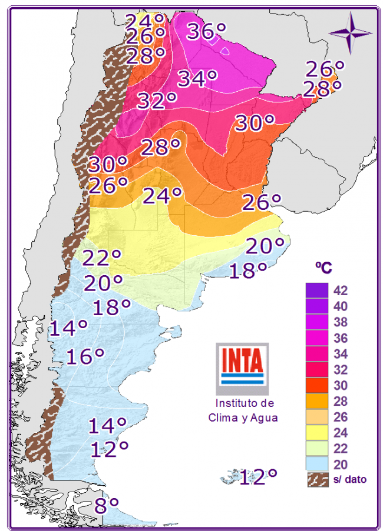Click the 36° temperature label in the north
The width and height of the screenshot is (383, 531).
coord(206,31)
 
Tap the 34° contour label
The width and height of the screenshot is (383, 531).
coord(197,78)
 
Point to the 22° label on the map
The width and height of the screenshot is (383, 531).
coord(101,258)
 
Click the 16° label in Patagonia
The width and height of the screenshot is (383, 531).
coord(85,356)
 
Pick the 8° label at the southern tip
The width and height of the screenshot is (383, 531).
coord(107,505)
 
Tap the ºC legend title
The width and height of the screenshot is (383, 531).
coord(323,268)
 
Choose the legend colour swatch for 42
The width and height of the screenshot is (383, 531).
coord(316,290)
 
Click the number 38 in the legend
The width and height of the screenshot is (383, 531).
coord(340,322)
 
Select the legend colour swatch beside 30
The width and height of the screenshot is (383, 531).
coord(316,386)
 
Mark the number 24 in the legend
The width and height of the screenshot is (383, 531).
coord(340,433)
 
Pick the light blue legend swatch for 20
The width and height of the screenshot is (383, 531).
coord(316,465)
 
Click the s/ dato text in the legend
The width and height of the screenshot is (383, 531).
coord(349,480)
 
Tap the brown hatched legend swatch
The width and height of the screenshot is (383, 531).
coord(316,479)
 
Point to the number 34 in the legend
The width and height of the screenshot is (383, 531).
coord(340,354)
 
